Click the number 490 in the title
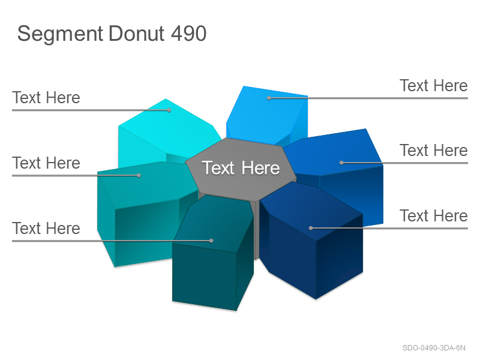point(188,33)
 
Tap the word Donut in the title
point(137,33)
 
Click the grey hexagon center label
point(241,168)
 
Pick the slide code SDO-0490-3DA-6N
point(434,348)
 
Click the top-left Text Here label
point(46,98)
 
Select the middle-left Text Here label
point(46,163)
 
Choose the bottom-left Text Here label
point(46,229)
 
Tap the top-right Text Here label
point(434,85)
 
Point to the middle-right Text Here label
point(434,151)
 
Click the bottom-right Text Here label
point(434,216)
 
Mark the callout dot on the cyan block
point(169,110)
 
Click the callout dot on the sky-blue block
point(269,98)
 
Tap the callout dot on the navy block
point(311,228)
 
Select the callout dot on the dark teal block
point(211,241)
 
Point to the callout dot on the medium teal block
point(139,175)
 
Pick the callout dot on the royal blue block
point(341,163)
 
